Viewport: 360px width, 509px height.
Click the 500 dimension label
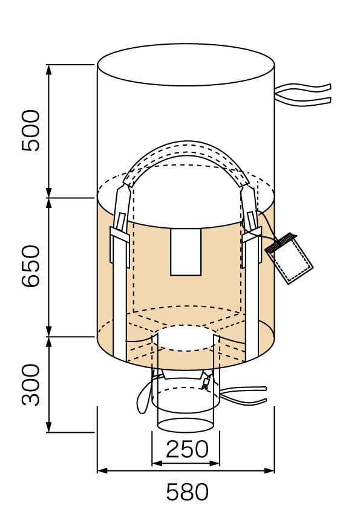point(30,131)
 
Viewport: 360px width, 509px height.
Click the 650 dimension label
point(30,266)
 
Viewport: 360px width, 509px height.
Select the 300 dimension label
point(30,384)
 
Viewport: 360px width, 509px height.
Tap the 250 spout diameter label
point(187,449)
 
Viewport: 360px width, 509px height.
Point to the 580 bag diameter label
point(187,492)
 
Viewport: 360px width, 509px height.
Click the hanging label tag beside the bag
point(289,258)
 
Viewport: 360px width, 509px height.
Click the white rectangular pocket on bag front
point(186,252)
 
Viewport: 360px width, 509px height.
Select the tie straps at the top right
point(303,95)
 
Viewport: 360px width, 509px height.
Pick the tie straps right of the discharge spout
point(244,395)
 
